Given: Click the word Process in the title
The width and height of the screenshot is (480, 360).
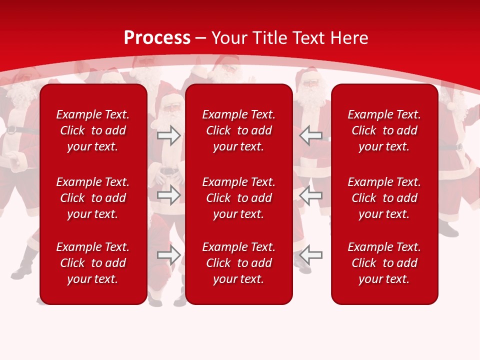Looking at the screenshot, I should (157, 38).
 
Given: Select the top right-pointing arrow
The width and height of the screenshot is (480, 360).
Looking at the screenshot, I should (169, 135).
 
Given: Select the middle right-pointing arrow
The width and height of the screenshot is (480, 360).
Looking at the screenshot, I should (169, 195).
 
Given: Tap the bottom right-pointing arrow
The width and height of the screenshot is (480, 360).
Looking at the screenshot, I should (169, 255).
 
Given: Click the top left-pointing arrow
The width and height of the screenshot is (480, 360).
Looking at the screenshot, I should (311, 135).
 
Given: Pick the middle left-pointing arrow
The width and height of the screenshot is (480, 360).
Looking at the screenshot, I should (311, 195).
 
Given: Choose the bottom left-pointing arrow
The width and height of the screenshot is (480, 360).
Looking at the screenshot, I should (311, 255).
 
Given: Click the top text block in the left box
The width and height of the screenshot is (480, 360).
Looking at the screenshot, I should (93, 130).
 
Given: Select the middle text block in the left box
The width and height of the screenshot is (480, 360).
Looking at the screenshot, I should (93, 198).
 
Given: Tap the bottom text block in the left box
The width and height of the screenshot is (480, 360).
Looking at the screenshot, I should (93, 263).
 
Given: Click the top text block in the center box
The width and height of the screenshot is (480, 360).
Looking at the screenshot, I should (238, 130).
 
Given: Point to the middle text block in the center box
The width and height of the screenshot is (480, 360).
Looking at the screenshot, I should (238, 198).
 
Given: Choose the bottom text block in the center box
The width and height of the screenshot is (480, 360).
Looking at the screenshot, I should (238, 263).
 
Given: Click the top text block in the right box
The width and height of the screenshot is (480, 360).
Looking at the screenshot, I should (384, 130).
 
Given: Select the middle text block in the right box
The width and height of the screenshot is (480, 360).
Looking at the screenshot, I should (384, 198).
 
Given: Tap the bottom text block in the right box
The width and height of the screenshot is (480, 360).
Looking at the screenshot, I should (384, 263).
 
